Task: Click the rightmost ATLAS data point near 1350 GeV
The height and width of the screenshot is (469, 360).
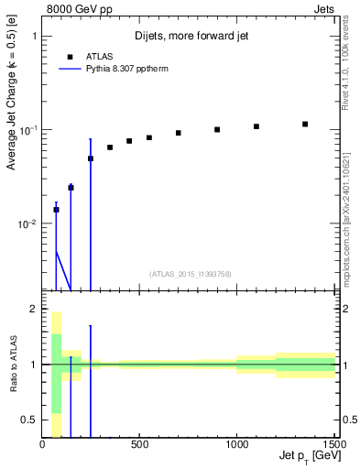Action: tap(305, 124)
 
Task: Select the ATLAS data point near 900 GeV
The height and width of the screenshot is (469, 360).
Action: tap(217, 129)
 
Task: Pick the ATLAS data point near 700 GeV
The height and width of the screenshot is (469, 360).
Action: tap(179, 133)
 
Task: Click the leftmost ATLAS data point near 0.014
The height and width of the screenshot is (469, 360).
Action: tap(56, 210)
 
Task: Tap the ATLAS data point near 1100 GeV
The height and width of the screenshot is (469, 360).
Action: tap(256, 126)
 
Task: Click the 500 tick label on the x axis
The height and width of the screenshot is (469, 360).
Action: tap(139, 445)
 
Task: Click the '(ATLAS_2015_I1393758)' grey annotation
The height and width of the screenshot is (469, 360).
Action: tap(189, 273)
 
